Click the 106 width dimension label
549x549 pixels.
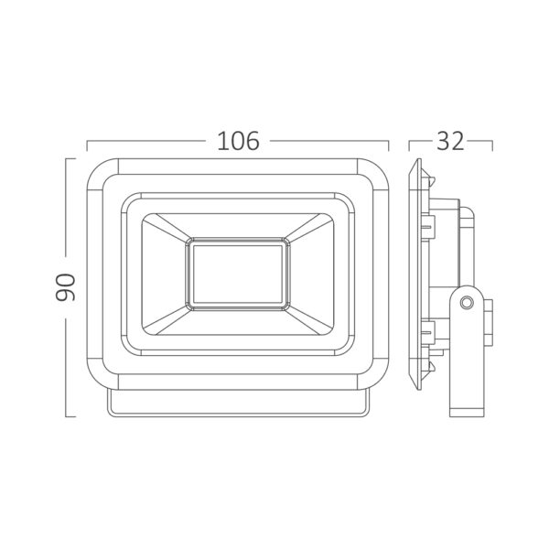point(239,141)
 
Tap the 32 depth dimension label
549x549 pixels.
point(450,141)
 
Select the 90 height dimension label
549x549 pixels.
point(66,288)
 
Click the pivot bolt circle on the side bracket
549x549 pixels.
point(467,302)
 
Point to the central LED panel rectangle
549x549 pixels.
point(238,274)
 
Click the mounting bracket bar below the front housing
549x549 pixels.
point(238,404)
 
